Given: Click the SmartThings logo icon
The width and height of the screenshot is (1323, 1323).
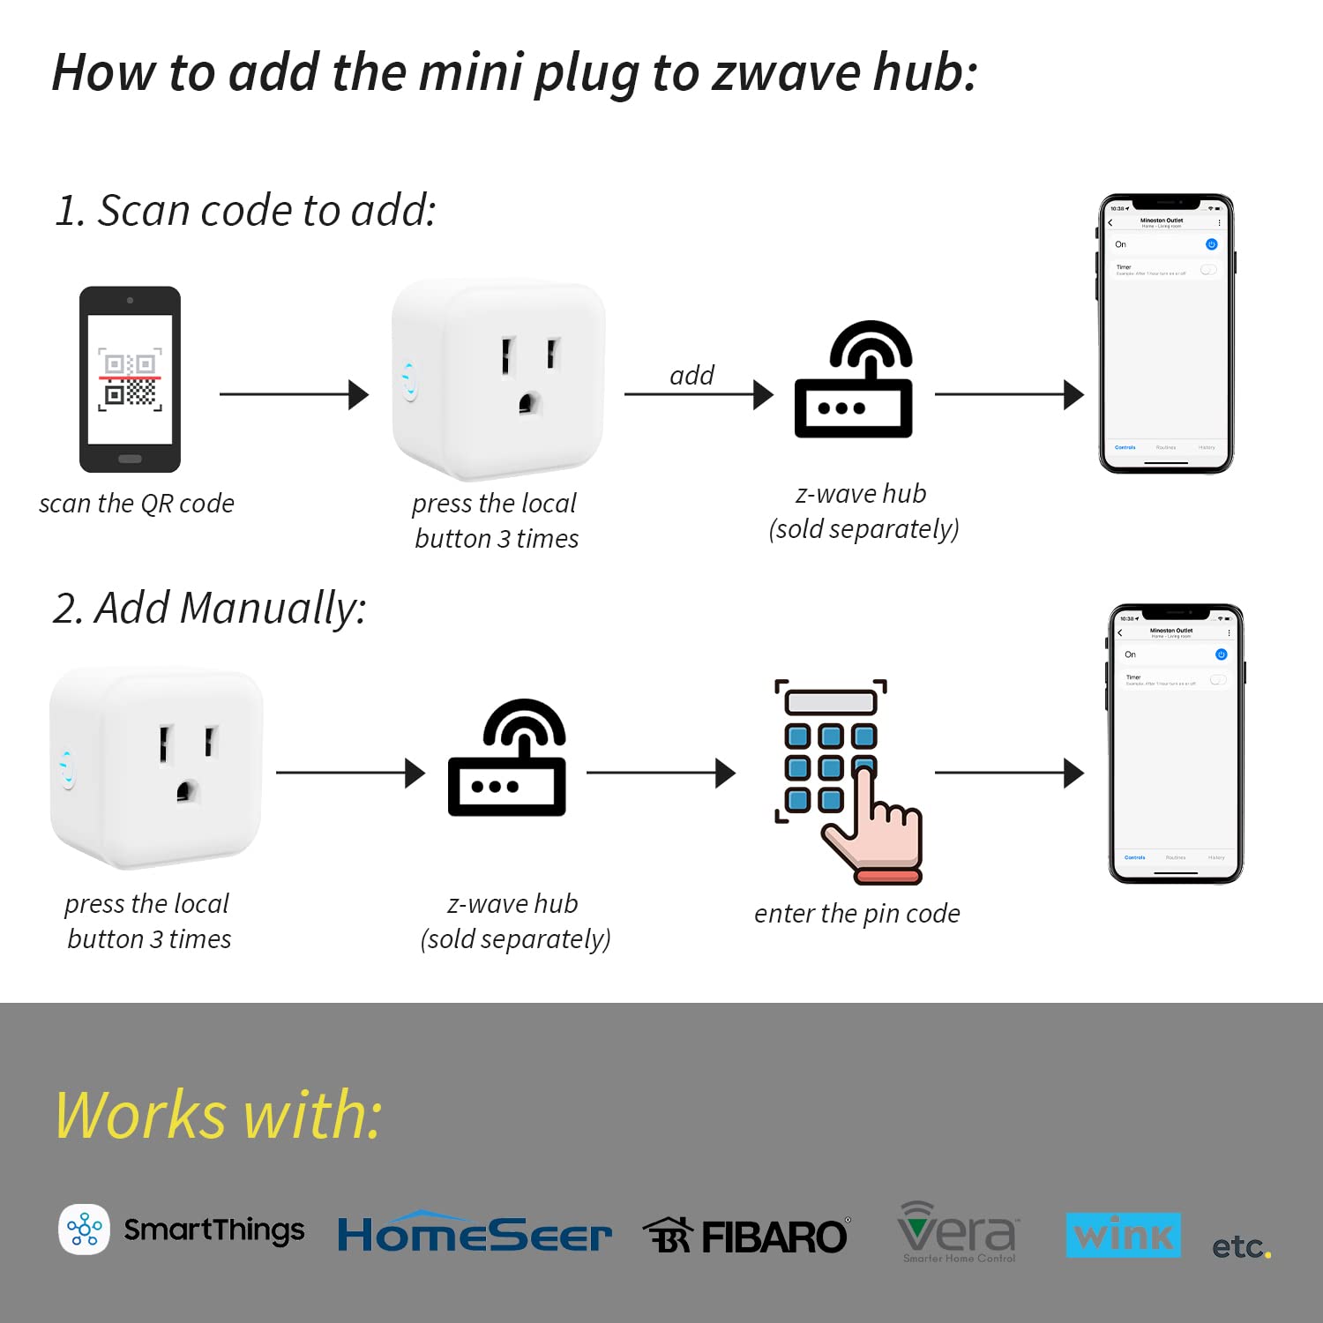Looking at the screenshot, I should point(85,1229).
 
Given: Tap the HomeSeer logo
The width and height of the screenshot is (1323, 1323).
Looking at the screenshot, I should point(475,1233).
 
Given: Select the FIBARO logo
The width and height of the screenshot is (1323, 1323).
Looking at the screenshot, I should point(746,1236).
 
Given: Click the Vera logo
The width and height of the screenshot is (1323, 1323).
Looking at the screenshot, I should point(958,1231).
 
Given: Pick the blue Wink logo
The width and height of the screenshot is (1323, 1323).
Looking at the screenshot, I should point(1123,1235).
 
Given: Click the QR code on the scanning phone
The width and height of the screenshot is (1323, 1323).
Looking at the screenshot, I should point(130,379).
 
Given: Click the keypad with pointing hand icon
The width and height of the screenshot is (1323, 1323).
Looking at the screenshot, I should point(847,781).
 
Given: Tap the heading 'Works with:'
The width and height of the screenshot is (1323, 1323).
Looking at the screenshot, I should point(219,1115).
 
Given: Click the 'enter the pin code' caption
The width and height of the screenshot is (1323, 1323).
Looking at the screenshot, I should point(856,914).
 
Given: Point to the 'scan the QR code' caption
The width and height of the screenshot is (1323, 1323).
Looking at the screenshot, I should point(137,504).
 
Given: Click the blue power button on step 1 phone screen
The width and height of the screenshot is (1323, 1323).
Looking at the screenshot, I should point(1211,244).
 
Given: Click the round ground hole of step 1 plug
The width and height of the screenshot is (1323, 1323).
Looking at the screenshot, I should point(528,404).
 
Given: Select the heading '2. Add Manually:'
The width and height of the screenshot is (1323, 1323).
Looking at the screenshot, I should point(209,609).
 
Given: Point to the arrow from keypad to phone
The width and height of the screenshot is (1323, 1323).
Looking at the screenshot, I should point(1008,773).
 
